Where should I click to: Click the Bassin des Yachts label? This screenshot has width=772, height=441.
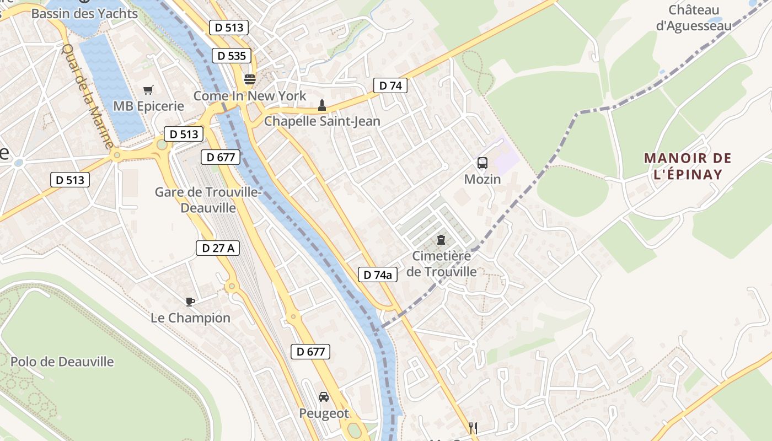pyautogui.click(x=84, y=13)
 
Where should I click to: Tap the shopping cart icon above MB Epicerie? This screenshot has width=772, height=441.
pyautogui.click(x=148, y=90)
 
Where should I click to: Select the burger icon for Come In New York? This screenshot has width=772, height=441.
pyautogui.click(x=250, y=79)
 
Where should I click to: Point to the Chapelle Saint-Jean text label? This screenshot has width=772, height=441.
pyautogui.click(x=322, y=121)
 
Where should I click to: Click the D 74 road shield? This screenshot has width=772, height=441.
pyautogui.click(x=390, y=85)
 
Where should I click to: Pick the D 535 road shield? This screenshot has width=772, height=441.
pyautogui.click(x=232, y=56)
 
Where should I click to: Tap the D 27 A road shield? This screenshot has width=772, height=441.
pyautogui.click(x=218, y=248)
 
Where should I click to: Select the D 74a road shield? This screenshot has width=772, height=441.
pyautogui.click(x=378, y=275)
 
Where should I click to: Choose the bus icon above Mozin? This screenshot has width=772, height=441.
pyautogui.click(x=482, y=163)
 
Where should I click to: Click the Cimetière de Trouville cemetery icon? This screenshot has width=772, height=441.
pyautogui.click(x=441, y=240)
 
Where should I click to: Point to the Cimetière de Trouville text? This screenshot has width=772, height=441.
pyautogui.click(x=442, y=263)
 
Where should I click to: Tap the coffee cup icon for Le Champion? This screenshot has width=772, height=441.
pyautogui.click(x=190, y=301)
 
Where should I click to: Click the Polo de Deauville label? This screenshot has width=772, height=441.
pyautogui.click(x=62, y=362)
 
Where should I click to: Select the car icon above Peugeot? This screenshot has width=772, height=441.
pyautogui.click(x=324, y=397)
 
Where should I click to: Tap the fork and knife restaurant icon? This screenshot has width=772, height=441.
pyautogui.click(x=473, y=428)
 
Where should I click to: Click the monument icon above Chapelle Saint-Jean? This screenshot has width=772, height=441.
pyautogui.click(x=322, y=105)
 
